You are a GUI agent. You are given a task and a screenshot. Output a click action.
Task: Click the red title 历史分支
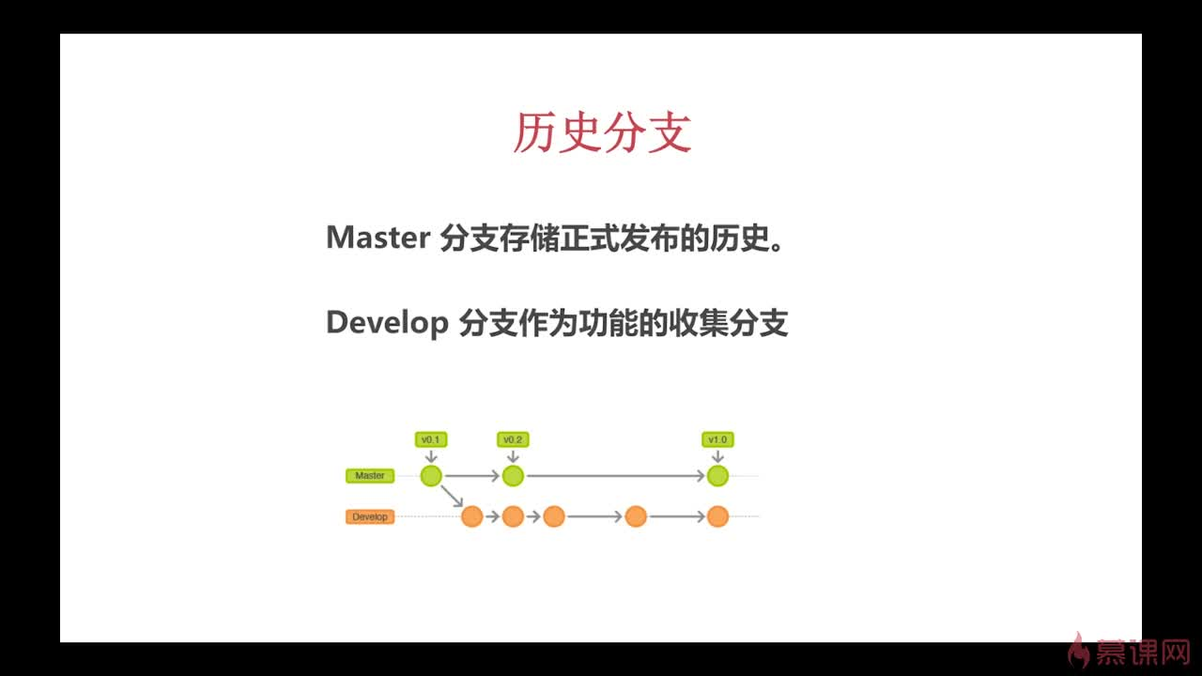pos(602,132)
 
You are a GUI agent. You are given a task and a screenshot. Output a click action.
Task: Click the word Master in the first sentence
pos(378,238)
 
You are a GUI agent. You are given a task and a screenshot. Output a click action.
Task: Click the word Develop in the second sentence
pos(387,323)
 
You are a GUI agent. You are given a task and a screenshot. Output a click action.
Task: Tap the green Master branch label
pos(370,476)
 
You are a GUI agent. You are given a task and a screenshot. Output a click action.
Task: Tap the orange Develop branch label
pos(370,517)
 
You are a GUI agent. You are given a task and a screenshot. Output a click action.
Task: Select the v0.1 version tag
pos(431,439)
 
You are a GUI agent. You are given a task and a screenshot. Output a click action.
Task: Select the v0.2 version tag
pos(513,439)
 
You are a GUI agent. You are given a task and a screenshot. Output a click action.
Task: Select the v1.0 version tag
pos(717,439)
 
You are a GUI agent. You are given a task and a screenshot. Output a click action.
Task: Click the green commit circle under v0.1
pos(431,476)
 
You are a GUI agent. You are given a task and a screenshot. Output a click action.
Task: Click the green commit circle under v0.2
pos(513,476)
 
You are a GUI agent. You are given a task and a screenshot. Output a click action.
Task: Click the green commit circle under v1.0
pos(717,476)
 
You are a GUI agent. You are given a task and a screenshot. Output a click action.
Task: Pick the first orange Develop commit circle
pos(471,516)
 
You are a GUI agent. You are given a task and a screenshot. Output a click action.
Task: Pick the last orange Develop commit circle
pos(717,516)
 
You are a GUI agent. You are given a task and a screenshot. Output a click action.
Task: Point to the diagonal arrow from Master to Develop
pos(452,497)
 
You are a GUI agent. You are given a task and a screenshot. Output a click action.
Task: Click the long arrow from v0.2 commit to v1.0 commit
pos(615,477)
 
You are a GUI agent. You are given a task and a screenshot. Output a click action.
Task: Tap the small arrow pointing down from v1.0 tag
pos(717,456)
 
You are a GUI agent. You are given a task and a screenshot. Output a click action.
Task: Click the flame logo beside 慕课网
pos(1080,650)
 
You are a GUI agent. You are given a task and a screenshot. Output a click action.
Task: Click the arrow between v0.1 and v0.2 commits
pos(471,477)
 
